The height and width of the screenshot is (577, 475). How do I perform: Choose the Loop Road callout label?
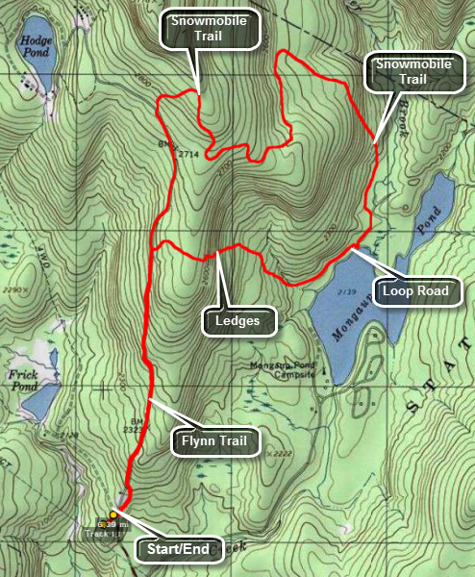(x=419, y=290)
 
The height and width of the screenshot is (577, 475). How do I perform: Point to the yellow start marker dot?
(x=113, y=514)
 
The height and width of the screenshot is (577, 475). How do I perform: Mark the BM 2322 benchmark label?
(x=137, y=425)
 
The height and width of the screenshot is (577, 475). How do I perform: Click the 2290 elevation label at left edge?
(x=14, y=289)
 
